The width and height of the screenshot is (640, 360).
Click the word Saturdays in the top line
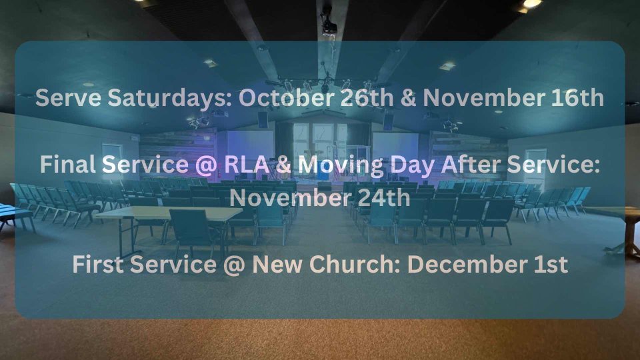coord(170,99)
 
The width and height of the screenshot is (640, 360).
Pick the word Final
coord(68,165)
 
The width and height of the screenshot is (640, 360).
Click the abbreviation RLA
coord(247,165)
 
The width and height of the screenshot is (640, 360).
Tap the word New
coord(279,265)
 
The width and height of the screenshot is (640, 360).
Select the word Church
coord(356,265)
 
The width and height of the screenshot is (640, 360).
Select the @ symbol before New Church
coord(234,265)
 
